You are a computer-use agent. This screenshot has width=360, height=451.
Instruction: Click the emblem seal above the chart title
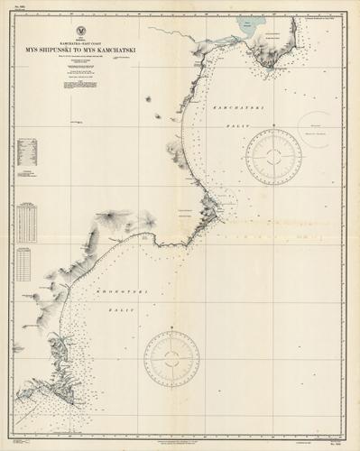81,31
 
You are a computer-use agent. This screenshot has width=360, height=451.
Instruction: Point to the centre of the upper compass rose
275,156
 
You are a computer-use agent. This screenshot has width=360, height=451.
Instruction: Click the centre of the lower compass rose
171,357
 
